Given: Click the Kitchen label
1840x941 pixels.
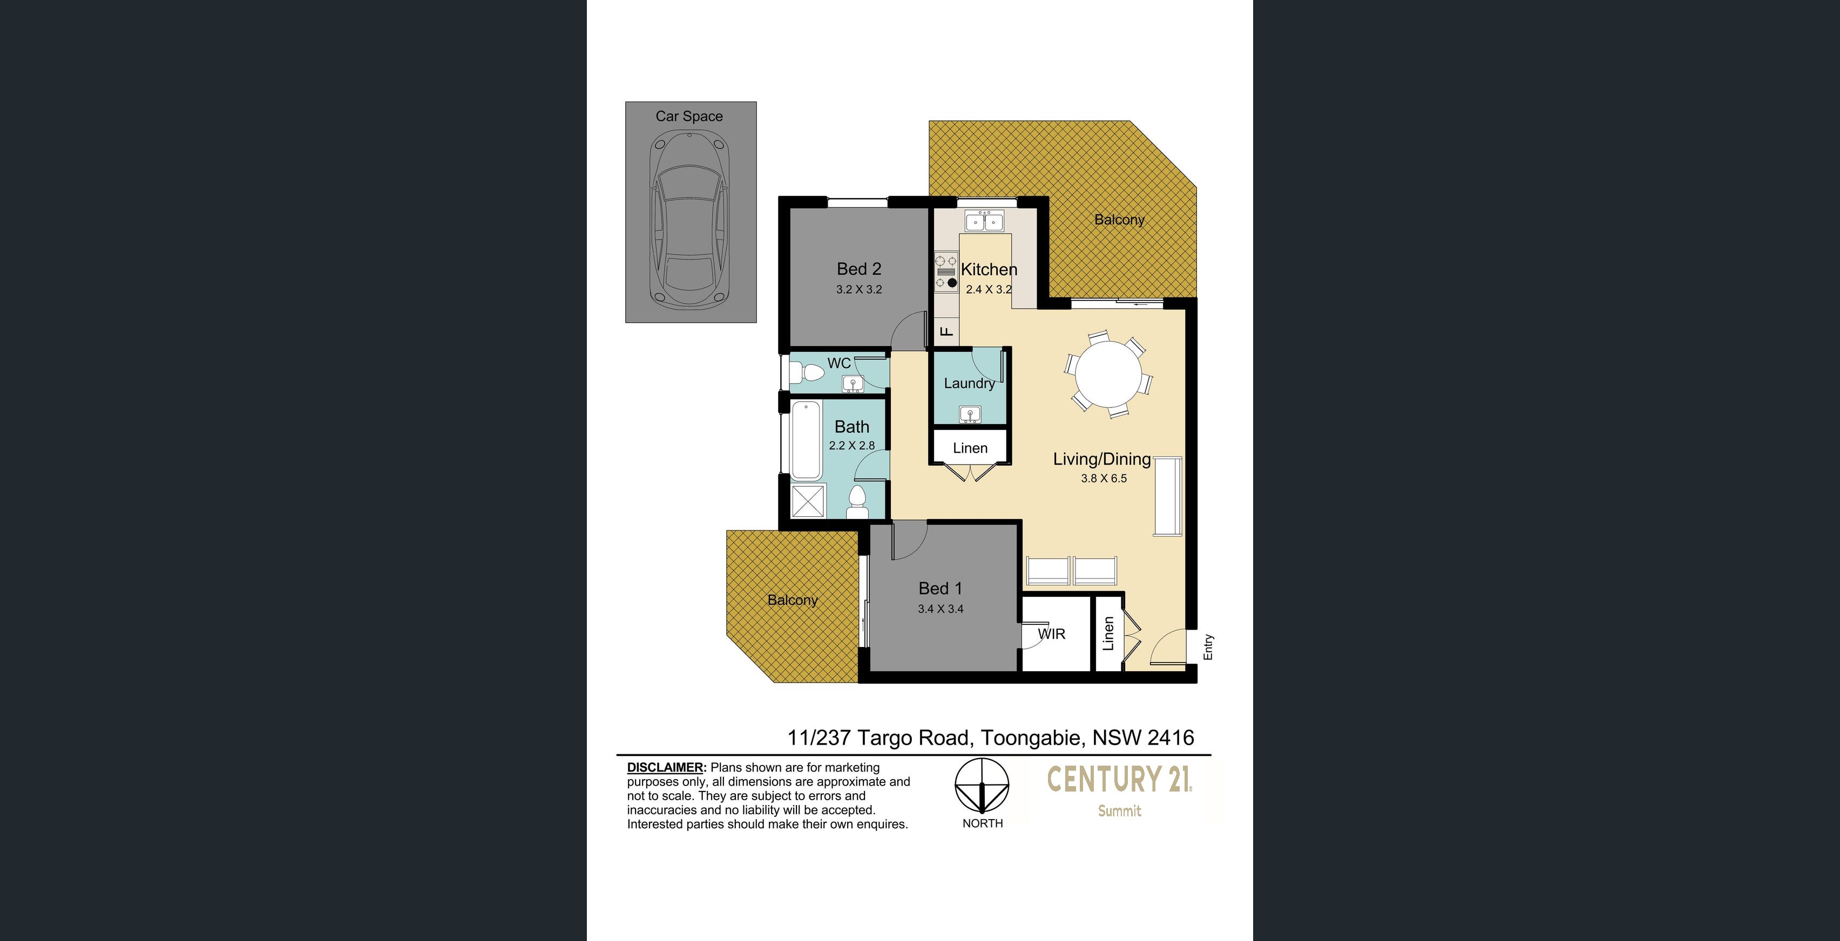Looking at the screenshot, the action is pyautogui.click(x=989, y=269).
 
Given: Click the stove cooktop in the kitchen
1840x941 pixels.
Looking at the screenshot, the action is pyautogui.click(x=946, y=272).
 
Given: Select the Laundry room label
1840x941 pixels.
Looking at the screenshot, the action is pyautogui.click(x=969, y=384).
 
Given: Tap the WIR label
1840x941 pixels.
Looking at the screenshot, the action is pyautogui.click(x=1051, y=634).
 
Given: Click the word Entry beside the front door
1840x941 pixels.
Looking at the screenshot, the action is pyautogui.click(x=1208, y=647).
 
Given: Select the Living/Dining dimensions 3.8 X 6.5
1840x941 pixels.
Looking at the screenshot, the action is pyautogui.click(x=1104, y=479).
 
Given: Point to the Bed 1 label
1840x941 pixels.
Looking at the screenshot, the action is pyautogui.click(x=940, y=588).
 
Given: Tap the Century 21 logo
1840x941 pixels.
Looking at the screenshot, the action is pyautogui.click(x=1119, y=789).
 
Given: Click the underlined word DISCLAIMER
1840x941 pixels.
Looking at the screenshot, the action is pyautogui.click(x=666, y=767).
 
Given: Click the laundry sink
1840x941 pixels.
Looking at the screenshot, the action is pyautogui.click(x=969, y=414).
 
